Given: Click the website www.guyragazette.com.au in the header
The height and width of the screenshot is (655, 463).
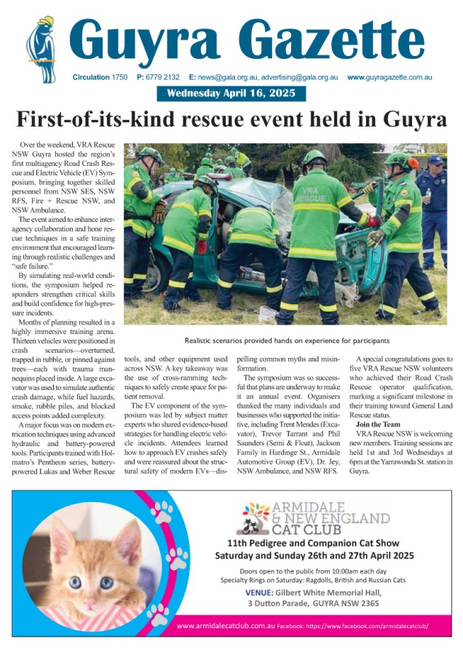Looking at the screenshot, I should click(x=389, y=76).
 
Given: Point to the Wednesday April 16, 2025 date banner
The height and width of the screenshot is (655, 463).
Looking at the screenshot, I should click(x=231, y=93).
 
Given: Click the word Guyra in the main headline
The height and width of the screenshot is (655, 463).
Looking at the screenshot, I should click(x=405, y=119).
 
